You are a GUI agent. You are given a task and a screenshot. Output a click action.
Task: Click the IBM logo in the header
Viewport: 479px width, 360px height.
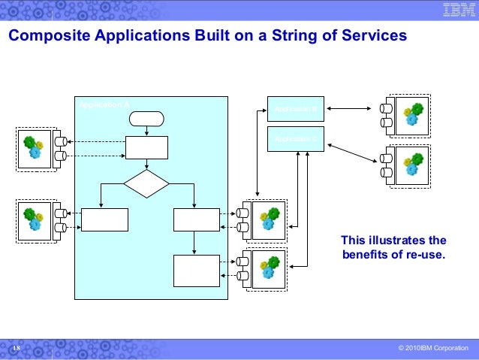tap(456, 11)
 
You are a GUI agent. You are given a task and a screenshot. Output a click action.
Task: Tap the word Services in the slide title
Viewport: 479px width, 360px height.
tap(375, 35)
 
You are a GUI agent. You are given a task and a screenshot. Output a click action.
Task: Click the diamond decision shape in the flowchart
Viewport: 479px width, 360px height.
tap(146, 183)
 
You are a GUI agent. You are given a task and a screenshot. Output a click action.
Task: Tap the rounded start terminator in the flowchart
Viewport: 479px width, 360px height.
tap(146, 118)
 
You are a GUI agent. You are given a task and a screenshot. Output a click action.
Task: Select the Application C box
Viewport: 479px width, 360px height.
tap(295, 139)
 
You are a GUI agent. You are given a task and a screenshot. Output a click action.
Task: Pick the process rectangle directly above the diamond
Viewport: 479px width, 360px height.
tap(146, 147)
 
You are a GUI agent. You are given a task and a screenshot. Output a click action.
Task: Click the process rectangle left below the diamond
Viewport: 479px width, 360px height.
tap(104, 219)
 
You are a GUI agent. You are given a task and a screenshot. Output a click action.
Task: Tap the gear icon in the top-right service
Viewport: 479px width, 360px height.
tap(412, 114)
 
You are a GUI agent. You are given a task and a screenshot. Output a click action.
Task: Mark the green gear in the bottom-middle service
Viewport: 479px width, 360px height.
tap(273, 262)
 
